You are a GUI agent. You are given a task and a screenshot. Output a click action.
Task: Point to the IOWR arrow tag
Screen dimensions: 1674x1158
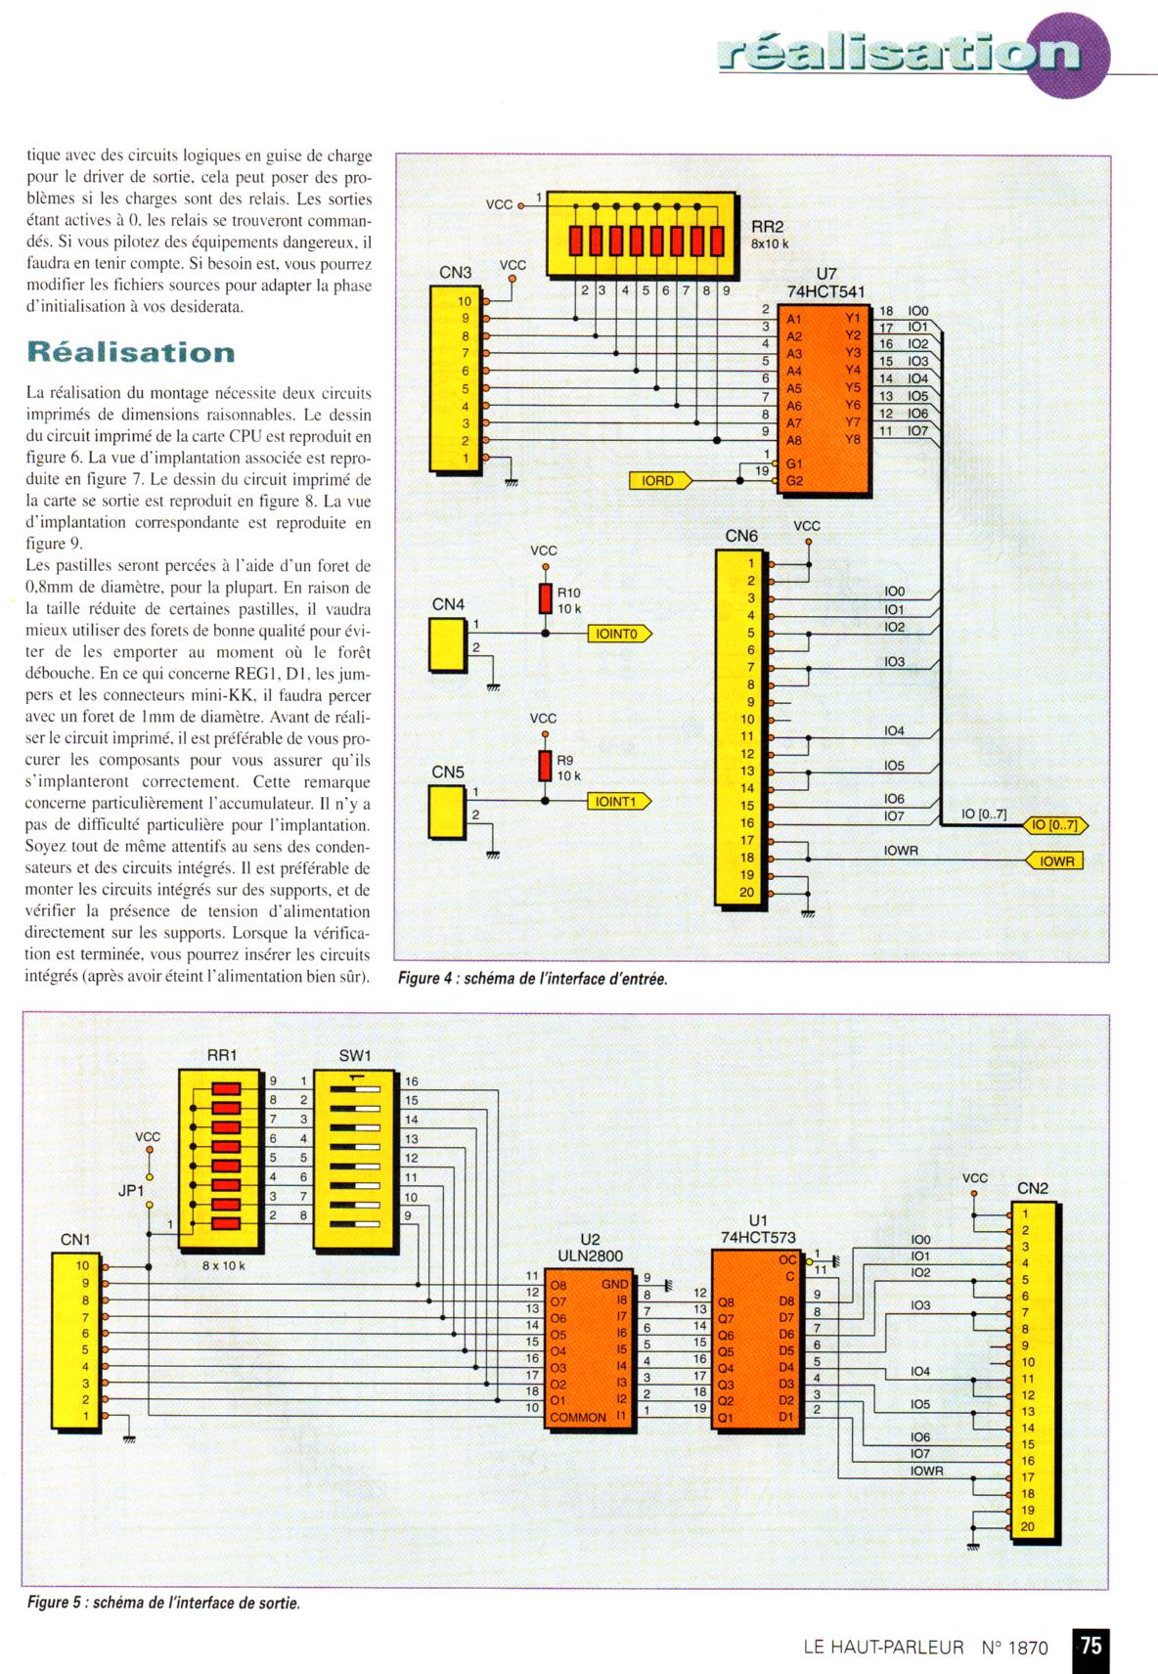point(1057,861)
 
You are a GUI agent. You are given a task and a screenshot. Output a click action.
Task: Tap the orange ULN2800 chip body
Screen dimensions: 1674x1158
point(590,1348)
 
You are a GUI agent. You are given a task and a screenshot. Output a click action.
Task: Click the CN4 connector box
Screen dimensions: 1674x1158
point(447,645)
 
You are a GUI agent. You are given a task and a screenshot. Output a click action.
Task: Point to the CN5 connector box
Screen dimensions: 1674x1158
point(447,813)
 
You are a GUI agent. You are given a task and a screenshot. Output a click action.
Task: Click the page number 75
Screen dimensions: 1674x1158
point(1091,1646)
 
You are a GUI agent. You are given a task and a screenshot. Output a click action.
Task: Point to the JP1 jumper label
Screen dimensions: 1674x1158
point(130,1191)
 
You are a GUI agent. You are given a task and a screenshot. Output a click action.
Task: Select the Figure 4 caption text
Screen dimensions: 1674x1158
point(532,979)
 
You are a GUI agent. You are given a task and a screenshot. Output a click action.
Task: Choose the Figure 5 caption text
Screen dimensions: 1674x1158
point(163,1603)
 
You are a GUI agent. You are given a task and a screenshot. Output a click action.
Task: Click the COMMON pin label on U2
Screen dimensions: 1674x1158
point(577,1417)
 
